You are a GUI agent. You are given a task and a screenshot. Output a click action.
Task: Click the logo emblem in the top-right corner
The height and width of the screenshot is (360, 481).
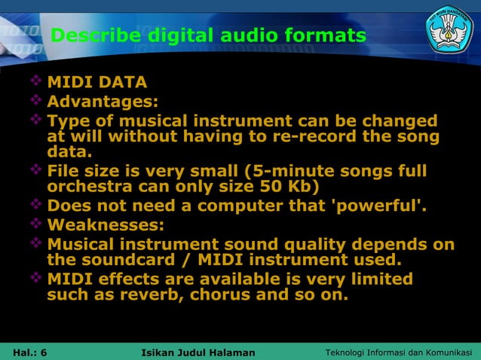click(x=449, y=29)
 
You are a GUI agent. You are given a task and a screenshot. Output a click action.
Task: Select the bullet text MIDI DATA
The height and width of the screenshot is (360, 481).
click(x=97, y=82)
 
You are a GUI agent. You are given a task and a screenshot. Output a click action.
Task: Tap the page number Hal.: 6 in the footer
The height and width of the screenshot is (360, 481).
click(x=30, y=352)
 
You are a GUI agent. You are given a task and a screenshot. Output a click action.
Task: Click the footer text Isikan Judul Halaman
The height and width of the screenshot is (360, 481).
click(x=198, y=352)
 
